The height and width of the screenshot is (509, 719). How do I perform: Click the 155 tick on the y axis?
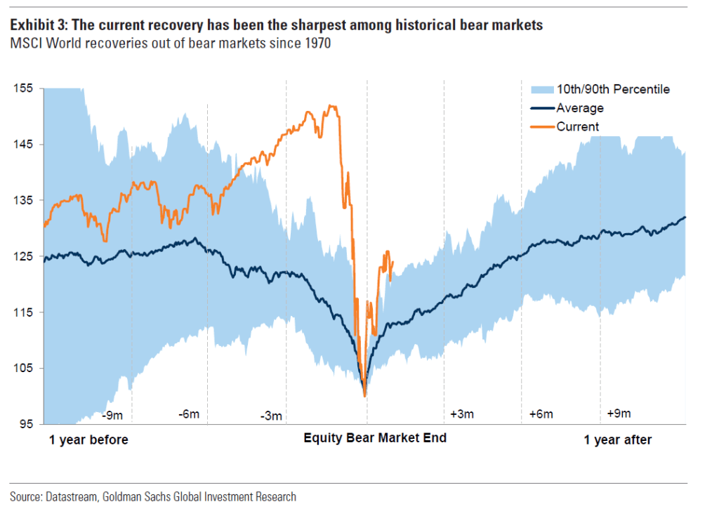[23, 88]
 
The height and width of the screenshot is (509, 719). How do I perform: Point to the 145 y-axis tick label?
[23, 145]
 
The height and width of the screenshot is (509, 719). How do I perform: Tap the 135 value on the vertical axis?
[23, 200]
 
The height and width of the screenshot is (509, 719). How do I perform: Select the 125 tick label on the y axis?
[23, 256]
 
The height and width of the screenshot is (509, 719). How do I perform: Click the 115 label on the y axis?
[23, 312]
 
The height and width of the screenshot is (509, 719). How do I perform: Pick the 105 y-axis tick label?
[23, 369]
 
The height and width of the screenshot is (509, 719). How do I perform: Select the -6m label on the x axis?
[188, 414]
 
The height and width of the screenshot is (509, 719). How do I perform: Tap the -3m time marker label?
[270, 416]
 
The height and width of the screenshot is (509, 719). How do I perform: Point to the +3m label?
[462, 414]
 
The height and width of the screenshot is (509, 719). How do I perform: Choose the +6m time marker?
[541, 414]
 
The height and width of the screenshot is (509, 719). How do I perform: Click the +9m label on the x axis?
[619, 413]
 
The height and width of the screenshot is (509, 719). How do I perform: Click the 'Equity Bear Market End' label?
[374, 438]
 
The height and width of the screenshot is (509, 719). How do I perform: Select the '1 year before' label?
[88, 440]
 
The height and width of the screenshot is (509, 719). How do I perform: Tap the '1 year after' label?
[618, 440]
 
